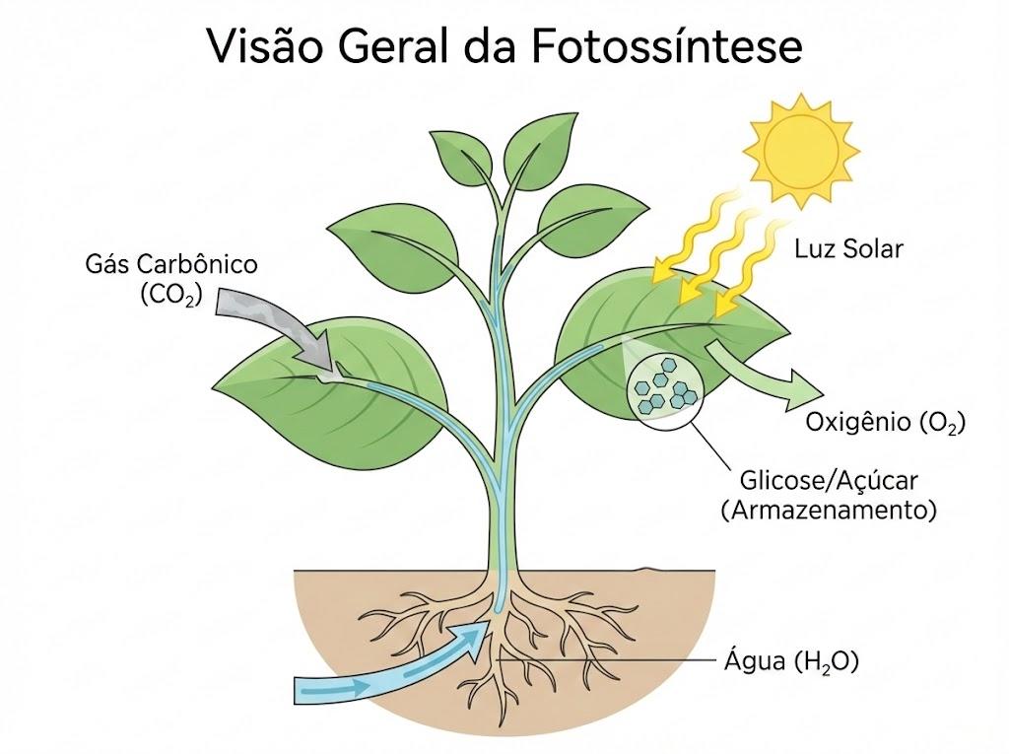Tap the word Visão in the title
coord(262,46)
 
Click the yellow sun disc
coord(801,151)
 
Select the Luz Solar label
coord(848,249)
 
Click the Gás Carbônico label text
coord(171,264)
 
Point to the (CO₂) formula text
coord(171,295)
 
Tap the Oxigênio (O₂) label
coord(886,423)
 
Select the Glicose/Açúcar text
coord(829,480)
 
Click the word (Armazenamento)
coord(829,511)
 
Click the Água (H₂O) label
coord(791,662)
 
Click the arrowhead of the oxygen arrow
coord(804,389)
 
